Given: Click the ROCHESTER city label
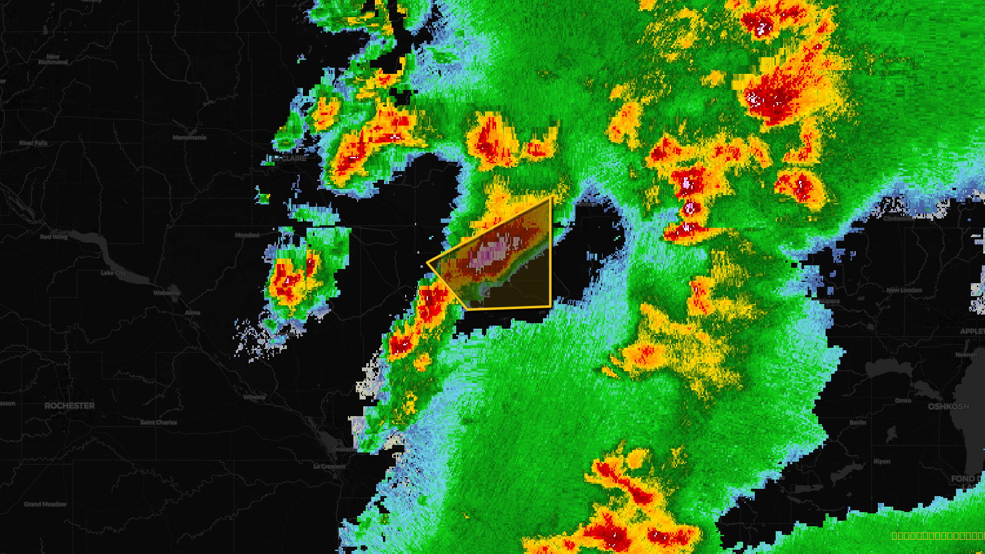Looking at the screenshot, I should (x=70, y=406).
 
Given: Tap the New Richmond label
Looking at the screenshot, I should (x=53, y=59).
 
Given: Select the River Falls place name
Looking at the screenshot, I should (x=33, y=143).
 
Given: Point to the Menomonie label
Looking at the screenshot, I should (x=190, y=137).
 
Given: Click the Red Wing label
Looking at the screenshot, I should (x=54, y=236).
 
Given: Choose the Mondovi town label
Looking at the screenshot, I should (x=247, y=235).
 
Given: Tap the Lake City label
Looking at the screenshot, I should (x=113, y=273).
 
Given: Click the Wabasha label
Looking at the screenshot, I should (x=166, y=293).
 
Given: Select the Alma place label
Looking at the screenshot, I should (x=193, y=313).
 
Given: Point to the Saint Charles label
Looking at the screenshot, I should (x=158, y=422).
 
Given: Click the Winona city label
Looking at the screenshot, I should (x=254, y=397).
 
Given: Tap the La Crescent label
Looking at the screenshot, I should (x=329, y=467).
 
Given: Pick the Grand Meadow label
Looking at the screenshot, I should (x=46, y=504).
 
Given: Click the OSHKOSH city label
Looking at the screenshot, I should (x=948, y=406).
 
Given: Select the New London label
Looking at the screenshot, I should (x=904, y=290).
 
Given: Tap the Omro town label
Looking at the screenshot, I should (x=903, y=401).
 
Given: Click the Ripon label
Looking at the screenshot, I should (x=882, y=462).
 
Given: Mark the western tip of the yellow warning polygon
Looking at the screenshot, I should (x=428, y=263).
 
